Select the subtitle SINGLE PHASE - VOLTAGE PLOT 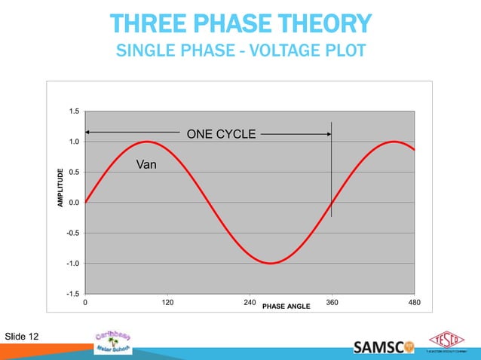(240, 51)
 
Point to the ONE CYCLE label (221, 134)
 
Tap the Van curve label (146, 163)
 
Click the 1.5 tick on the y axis (74, 111)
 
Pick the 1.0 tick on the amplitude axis (74, 142)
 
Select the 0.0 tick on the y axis (74, 203)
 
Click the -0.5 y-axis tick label (73, 233)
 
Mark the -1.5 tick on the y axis (73, 294)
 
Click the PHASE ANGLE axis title (286, 307)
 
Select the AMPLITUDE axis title (61, 188)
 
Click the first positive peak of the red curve (147, 142)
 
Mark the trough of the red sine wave (270, 263)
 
